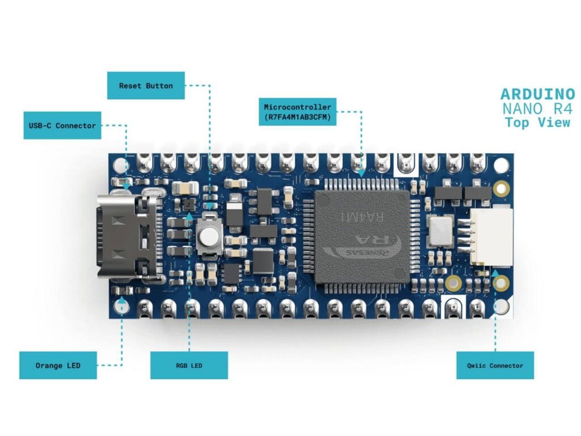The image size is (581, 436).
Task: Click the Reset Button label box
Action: pyautogui.click(x=146, y=86)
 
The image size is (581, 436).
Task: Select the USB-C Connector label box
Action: pyautogui.click(x=62, y=125)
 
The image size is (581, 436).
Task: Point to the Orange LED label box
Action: pyautogui.click(x=57, y=365)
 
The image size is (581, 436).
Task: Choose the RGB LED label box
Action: pyautogui.click(x=188, y=365)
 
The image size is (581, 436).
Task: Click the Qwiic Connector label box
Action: pyautogui.click(x=495, y=365)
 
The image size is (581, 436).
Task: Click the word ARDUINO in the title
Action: pyautogui.click(x=537, y=94)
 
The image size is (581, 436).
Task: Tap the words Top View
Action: pyautogui.click(x=537, y=122)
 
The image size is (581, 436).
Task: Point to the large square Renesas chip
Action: pyautogui.click(x=362, y=237)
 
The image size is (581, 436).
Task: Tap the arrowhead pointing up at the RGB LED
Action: pyautogui.click(x=188, y=216)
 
